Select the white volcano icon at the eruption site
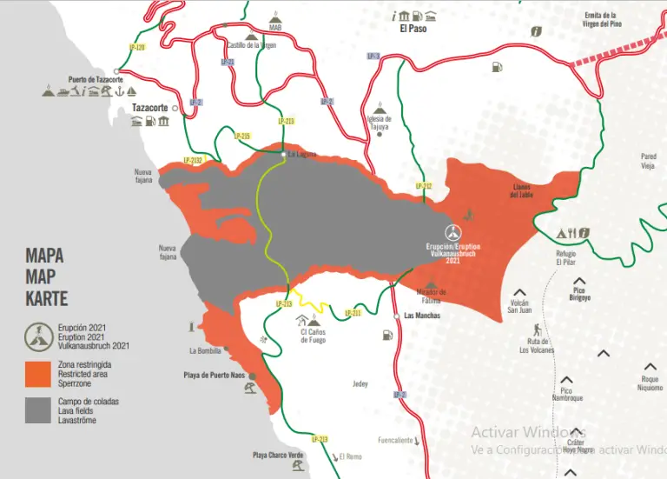(x=452, y=232)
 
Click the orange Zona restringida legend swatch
(x=38, y=373)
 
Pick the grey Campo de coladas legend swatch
(x=38, y=409)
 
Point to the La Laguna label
(x=302, y=155)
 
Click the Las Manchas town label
(x=422, y=316)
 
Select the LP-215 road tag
(x=242, y=136)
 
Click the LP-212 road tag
(x=423, y=185)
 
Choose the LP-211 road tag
(x=353, y=312)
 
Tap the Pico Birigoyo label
(x=581, y=294)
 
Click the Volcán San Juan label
(x=518, y=306)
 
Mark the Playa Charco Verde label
(x=278, y=455)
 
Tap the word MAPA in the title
(x=44, y=256)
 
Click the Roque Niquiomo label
(x=649, y=383)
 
